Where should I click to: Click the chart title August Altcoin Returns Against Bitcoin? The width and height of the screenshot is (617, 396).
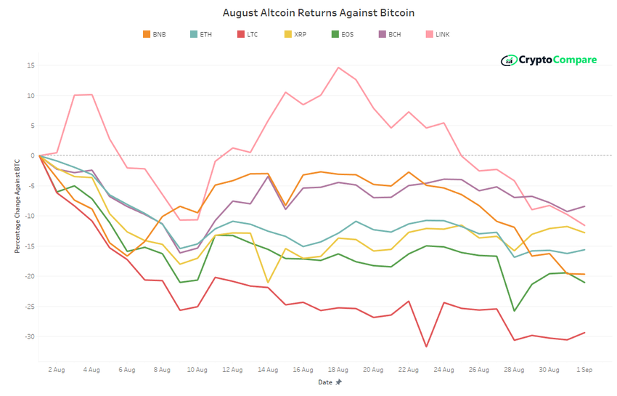coord(308,13)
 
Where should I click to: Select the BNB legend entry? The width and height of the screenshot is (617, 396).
coord(154,34)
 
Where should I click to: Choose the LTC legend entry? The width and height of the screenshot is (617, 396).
coord(248,34)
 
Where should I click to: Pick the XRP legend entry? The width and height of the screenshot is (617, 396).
coord(295,34)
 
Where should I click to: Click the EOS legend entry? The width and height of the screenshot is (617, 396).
coord(342,34)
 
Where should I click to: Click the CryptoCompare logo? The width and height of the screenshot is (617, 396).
coord(549,60)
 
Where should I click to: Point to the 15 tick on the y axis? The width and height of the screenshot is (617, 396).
coord(30,65)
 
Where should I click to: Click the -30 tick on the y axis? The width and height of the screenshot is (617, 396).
coord(29,336)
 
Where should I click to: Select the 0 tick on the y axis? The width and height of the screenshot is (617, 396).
coord(33,155)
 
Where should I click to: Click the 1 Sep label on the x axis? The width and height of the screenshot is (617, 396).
coord(584,370)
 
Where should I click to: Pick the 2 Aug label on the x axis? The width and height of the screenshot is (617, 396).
coord(57,370)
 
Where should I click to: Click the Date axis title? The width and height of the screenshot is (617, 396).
coord(325,381)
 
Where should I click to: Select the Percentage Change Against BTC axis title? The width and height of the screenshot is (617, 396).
coord(17,205)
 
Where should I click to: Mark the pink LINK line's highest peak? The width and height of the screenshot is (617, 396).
coord(338,68)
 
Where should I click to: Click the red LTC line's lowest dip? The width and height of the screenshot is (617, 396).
coord(426,347)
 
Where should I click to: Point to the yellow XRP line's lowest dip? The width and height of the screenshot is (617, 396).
coord(268,283)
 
